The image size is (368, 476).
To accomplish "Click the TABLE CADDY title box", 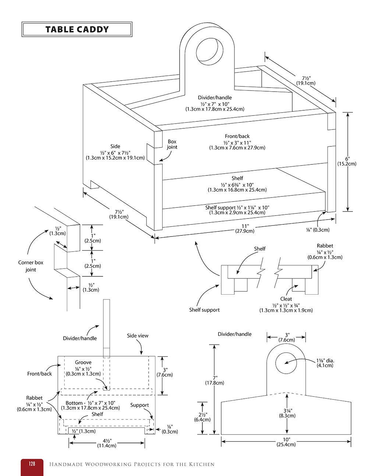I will coord(77,29).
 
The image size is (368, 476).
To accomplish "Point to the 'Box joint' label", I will coord(172,144).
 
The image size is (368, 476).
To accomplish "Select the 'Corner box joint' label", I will coord(31,266).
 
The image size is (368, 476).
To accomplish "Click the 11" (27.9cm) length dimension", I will coord(245,228).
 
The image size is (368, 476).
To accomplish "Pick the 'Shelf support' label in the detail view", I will coord(204,310).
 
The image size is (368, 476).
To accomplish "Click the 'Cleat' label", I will coord(286,299).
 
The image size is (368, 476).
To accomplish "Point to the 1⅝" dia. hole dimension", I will coord(325,363).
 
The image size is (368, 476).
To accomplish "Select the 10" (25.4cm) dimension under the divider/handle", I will coord(286,442).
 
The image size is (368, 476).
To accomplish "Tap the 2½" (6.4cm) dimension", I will coord(203,417).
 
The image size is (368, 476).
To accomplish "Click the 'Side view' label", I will coord(138,335).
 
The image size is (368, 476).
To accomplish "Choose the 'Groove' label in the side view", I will coord(83,362).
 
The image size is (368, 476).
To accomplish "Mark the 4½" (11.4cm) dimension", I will coord(106,443).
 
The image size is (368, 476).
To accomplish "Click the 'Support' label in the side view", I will coord(139,405).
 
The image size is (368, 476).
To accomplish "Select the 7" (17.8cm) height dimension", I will coord(214,380).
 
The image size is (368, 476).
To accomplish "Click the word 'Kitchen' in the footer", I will coord(201,464).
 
